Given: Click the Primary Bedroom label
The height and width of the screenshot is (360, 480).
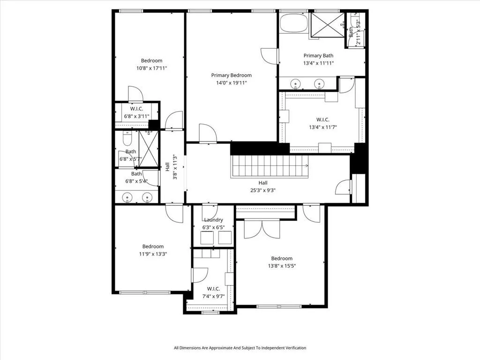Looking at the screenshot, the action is tap(232, 75).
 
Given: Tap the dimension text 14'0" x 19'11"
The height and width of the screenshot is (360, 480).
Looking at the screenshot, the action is tap(232, 82).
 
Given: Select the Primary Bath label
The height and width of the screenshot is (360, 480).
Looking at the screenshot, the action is tap(318, 56).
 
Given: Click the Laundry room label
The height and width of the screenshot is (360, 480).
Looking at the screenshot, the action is tap(213, 220).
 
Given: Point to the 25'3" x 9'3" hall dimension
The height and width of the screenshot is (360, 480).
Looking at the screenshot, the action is tap(263, 190).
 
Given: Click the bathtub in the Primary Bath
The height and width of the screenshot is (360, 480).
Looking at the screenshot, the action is tap(293, 22).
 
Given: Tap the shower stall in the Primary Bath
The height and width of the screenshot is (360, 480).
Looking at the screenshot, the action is tap(328, 25).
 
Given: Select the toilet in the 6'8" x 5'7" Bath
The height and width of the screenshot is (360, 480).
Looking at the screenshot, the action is tap(127, 139).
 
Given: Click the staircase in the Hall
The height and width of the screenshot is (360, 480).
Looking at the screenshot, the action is tap(270, 166).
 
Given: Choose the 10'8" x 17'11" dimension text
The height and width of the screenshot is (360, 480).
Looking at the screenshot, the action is tap(152, 68).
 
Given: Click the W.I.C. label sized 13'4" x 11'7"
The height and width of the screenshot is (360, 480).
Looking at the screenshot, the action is tap(323, 120).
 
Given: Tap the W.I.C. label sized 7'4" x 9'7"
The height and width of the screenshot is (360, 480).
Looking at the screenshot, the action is tap(213, 289).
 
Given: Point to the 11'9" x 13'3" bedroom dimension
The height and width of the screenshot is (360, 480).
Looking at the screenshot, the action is tap(153, 254).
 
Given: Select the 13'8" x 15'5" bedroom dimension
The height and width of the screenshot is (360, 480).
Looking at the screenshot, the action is tap(282, 266).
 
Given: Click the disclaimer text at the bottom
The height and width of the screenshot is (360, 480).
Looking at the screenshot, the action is tap(240, 348).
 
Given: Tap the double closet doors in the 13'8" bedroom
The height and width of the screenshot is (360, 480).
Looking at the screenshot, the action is tap(262, 229).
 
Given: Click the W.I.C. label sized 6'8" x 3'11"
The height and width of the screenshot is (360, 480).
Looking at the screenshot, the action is tap(136, 109).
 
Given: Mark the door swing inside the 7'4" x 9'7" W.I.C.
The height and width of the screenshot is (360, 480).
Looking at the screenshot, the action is tap(200, 275).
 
